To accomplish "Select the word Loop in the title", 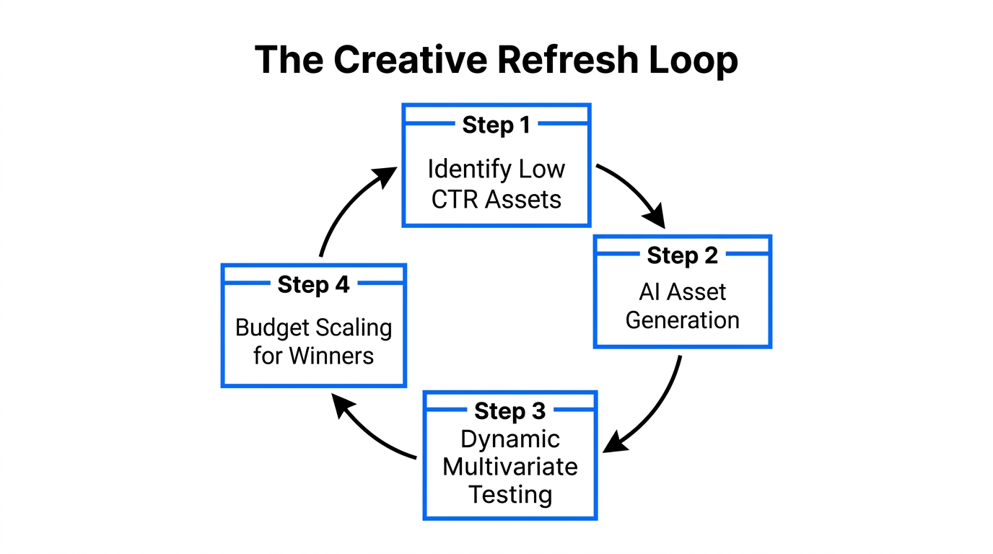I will tap(696, 59).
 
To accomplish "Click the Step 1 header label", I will tap(496, 125).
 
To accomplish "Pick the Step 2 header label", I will tap(682, 255).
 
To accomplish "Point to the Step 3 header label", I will tap(509, 411).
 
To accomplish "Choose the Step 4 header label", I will tap(313, 284).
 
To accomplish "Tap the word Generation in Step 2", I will tap(682, 320).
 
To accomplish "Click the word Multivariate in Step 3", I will tap(509, 467).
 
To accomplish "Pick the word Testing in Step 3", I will tap(509, 495).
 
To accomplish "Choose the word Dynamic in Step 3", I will tap(509, 439).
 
